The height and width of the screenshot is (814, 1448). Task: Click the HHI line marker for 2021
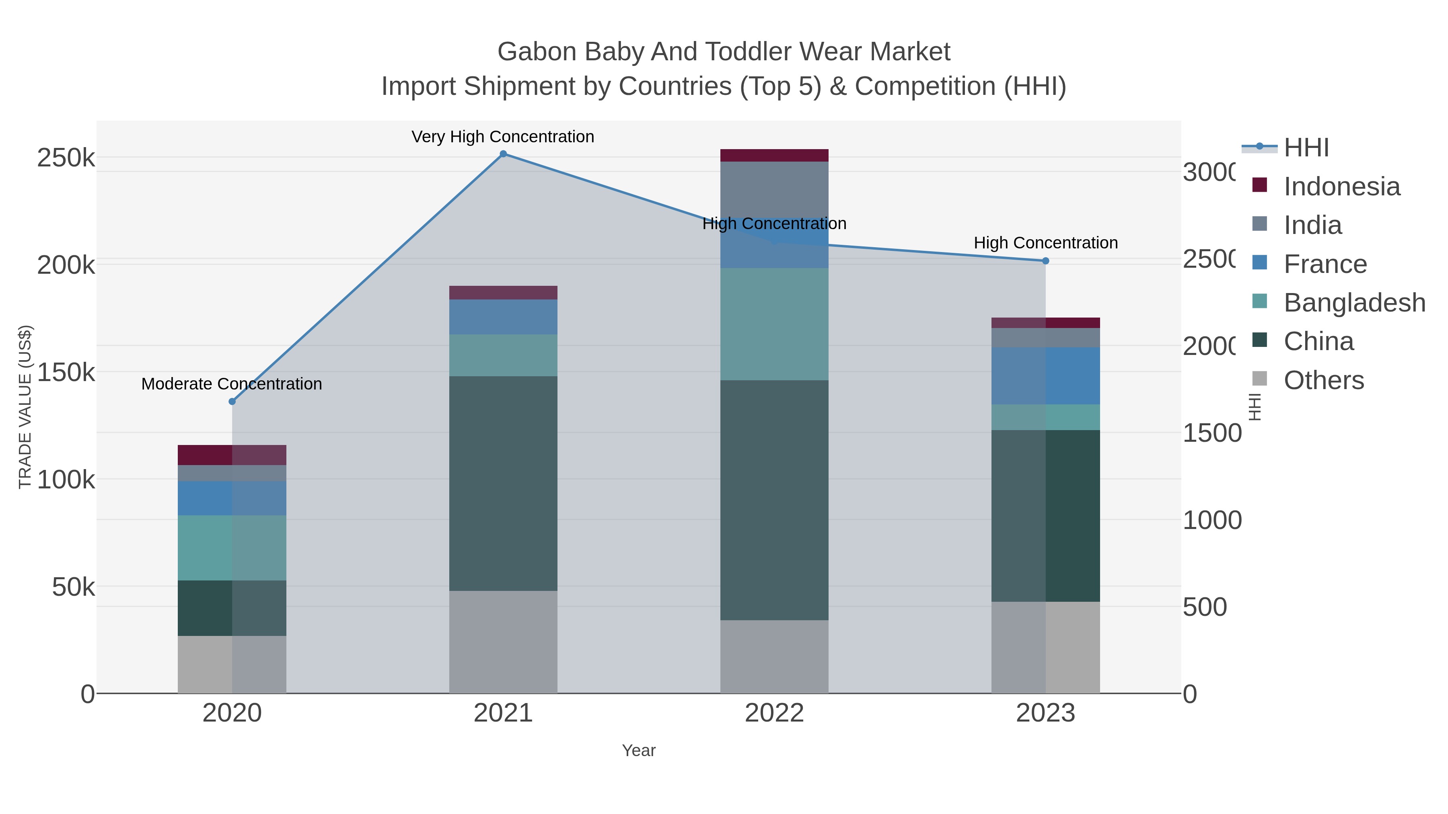(503, 154)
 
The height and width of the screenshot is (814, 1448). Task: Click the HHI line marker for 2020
(232, 401)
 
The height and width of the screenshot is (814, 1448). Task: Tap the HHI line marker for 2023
(1045, 260)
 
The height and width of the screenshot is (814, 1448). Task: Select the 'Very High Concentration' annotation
(502, 137)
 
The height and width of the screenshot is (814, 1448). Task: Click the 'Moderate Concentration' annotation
(232, 384)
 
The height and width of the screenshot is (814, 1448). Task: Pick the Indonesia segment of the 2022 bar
(774, 156)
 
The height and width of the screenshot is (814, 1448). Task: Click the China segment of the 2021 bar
(503, 483)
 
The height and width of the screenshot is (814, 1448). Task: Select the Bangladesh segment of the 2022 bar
(774, 324)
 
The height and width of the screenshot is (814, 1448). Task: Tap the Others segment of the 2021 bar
(503, 642)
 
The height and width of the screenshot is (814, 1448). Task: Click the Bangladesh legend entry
(1354, 303)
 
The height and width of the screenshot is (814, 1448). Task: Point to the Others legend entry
(1323, 380)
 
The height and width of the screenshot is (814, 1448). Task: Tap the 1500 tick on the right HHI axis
(1212, 433)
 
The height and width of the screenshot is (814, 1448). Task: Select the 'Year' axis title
(639, 750)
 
